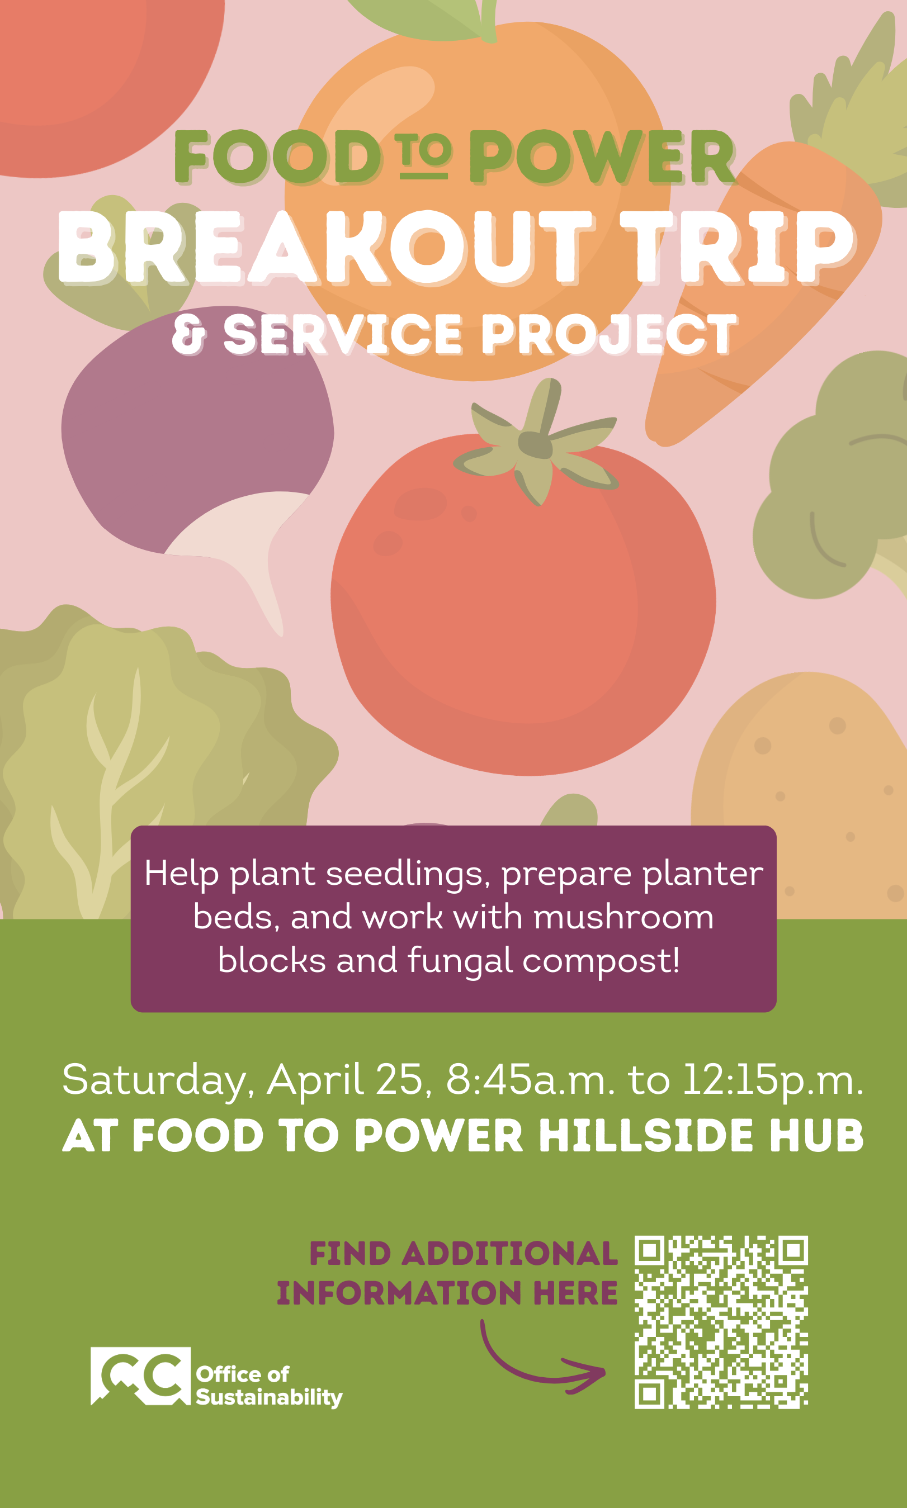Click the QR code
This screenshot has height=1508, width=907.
(x=721, y=1322)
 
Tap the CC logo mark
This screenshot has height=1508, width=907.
(x=140, y=1376)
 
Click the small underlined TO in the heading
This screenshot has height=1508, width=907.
(x=423, y=158)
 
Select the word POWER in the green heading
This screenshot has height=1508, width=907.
(x=602, y=158)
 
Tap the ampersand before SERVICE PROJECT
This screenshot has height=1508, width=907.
(x=188, y=334)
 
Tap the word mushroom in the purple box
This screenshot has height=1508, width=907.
(x=623, y=917)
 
